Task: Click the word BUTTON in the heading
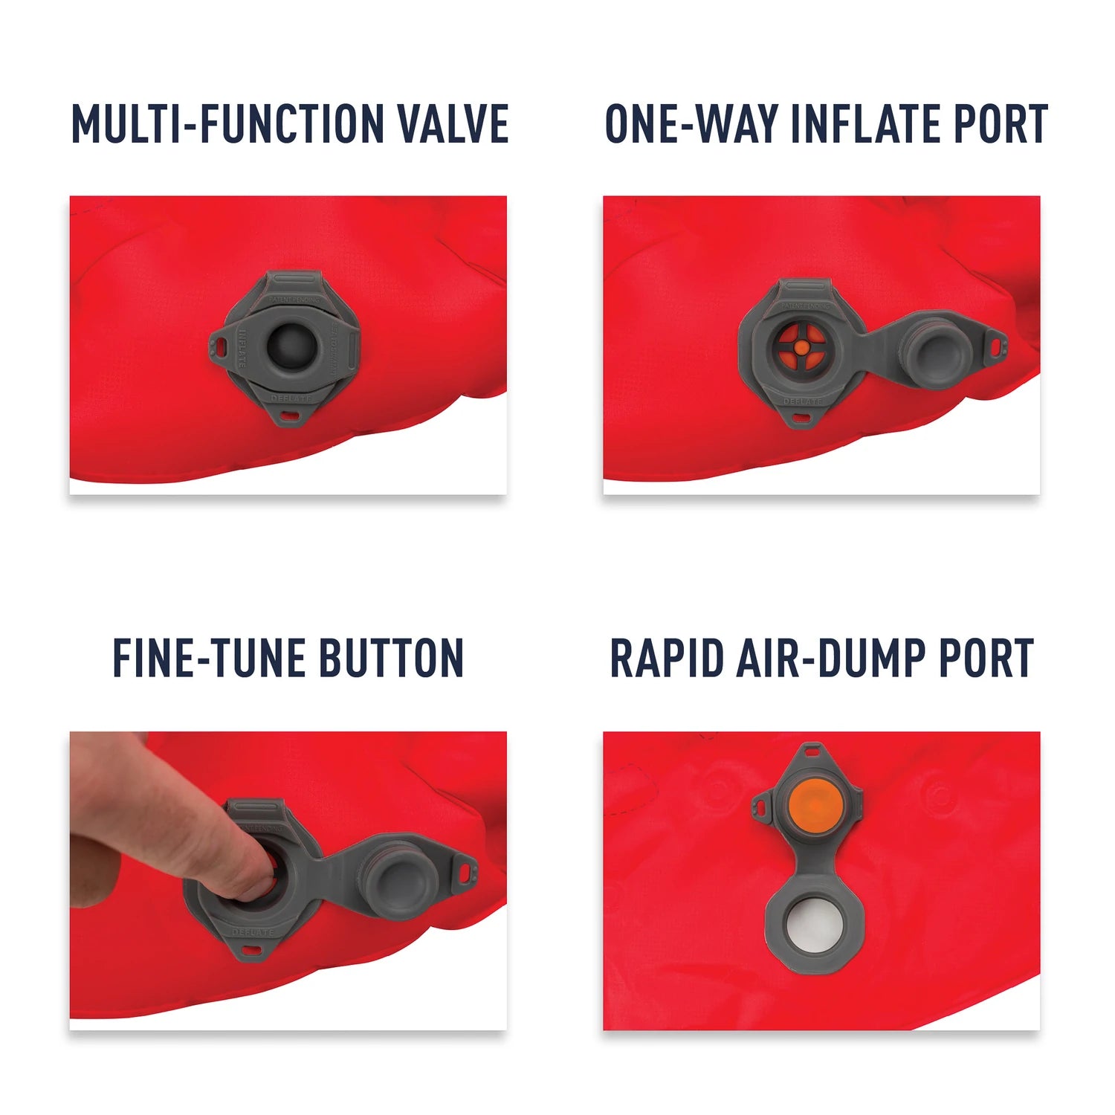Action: click(x=391, y=659)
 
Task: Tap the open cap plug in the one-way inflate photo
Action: click(x=934, y=352)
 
